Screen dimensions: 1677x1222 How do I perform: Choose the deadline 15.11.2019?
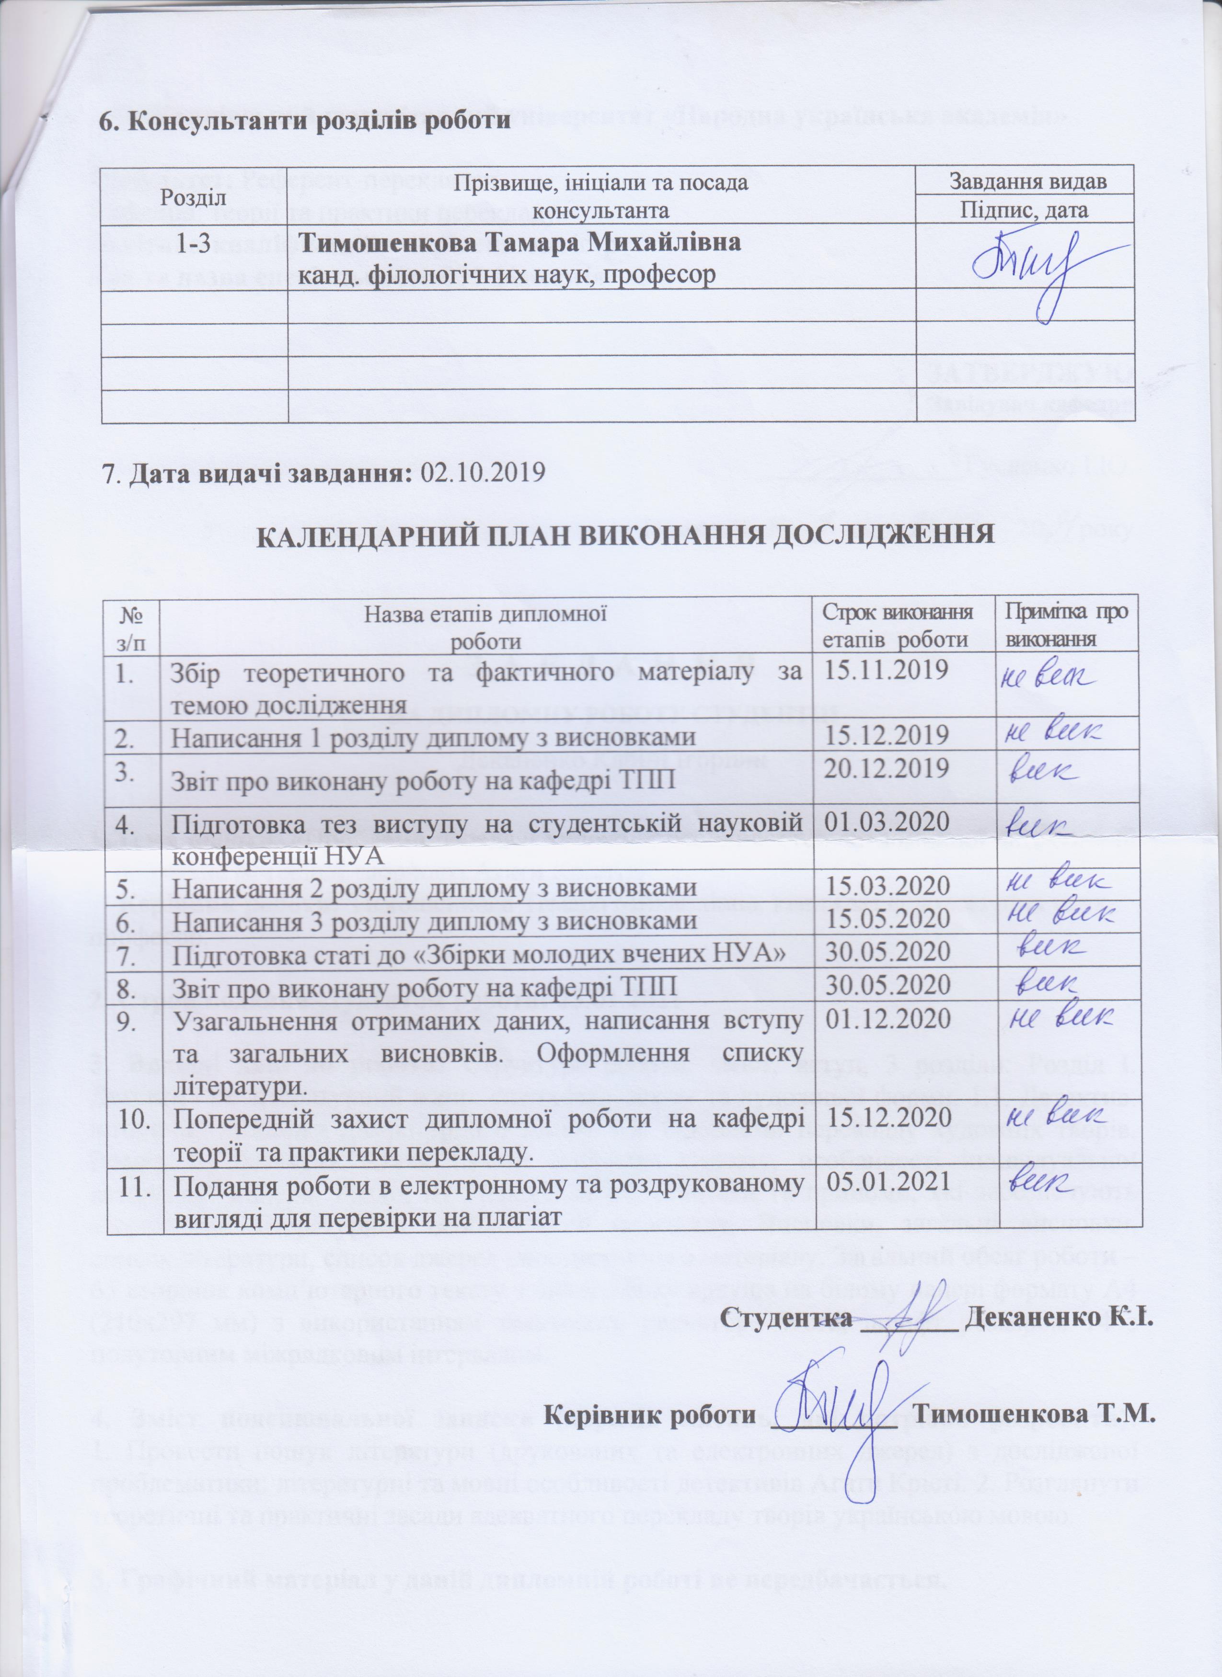[x=886, y=670]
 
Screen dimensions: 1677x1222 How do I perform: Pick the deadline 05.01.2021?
[x=886, y=1181]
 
